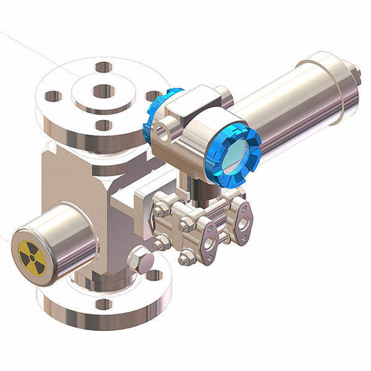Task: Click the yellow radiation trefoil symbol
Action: click(32, 257)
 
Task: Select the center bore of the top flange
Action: click(103, 92)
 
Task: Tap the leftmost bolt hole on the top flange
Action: click(53, 96)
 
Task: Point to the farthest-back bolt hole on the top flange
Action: click(104, 67)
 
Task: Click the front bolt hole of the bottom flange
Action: click(104, 304)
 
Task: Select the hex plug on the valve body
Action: click(141, 260)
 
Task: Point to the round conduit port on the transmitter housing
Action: click(163, 132)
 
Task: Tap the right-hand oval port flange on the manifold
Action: click(244, 222)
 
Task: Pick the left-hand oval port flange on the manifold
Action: click(209, 243)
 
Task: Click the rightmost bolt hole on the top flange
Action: click(151, 96)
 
